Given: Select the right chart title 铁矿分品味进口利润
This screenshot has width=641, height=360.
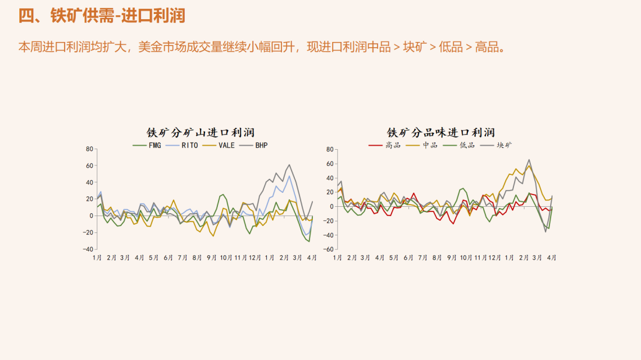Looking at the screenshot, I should [441, 133].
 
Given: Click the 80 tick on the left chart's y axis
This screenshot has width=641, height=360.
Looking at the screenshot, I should [89, 149].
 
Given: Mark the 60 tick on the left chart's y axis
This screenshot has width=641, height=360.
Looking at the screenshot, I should [89, 165].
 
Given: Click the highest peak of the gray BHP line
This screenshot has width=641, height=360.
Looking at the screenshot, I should [290, 165].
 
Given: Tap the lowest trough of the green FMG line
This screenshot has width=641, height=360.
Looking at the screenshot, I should [309, 241].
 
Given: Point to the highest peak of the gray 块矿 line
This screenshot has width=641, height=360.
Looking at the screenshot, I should [529, 160].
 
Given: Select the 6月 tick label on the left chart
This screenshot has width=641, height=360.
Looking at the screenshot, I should [168, 257].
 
